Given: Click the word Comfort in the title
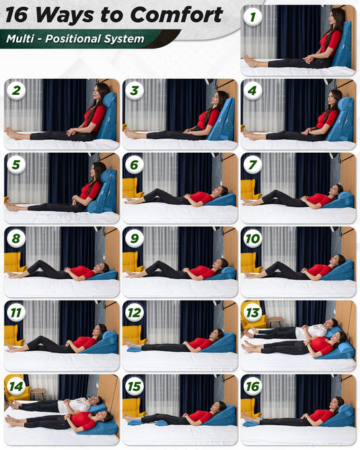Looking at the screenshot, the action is [x=176, y=14].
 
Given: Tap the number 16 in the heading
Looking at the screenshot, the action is [x=17, y=15].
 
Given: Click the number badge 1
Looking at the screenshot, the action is [x=252, y=17].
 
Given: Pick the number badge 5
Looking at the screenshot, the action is [x=16, y=164].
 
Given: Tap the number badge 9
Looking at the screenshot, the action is [x=135, y=238].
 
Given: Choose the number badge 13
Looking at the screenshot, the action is [x=252, y=312].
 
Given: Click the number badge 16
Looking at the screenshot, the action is [x=252, y=386].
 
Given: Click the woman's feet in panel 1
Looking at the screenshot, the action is [x=250, y=61].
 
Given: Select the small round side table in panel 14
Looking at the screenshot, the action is [x=38, y=393].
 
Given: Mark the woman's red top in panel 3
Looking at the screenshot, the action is [x=208, y=119].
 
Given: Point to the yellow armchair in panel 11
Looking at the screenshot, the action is [x=13, y=335].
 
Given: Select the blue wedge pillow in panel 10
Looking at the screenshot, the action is [x=338, y=270].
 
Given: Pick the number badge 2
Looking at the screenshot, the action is [x=16, y=90].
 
